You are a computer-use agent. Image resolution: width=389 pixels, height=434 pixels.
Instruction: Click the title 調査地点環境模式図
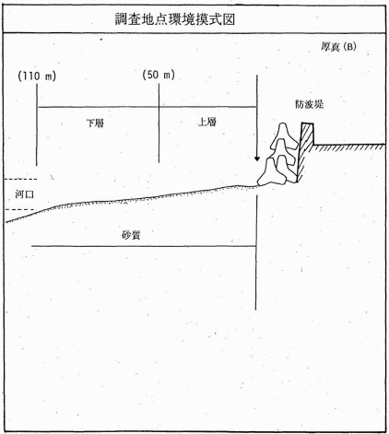(175, 19)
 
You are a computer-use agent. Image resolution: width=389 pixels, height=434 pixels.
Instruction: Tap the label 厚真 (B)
(338, 47)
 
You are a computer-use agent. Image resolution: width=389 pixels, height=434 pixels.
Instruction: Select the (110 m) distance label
(37, 76)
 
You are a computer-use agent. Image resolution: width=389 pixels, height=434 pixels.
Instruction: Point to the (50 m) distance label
(159, 75)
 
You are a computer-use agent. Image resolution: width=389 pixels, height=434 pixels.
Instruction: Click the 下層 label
(95, 123)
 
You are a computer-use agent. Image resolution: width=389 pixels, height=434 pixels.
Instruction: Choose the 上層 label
(207, 122)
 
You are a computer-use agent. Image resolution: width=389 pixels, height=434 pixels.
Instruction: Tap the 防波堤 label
(310, 104)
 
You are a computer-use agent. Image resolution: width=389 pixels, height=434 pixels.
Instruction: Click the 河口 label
(24, 194)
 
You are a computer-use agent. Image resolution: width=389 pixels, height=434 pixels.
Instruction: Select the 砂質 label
(131, 235)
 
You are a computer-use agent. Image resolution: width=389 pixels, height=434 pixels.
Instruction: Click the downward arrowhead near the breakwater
(257, 158)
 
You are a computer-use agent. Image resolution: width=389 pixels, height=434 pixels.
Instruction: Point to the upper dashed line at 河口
(20, 179)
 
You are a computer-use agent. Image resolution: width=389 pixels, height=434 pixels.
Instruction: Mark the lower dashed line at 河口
(20, 210)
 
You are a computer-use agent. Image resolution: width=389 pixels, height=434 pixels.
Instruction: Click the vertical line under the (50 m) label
(159, 123)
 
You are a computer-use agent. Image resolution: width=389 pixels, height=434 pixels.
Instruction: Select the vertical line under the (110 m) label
(37, 124)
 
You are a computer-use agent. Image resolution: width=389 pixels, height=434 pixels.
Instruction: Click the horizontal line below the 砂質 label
(144, 246)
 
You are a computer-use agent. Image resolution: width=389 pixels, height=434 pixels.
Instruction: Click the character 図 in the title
(230, 19)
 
